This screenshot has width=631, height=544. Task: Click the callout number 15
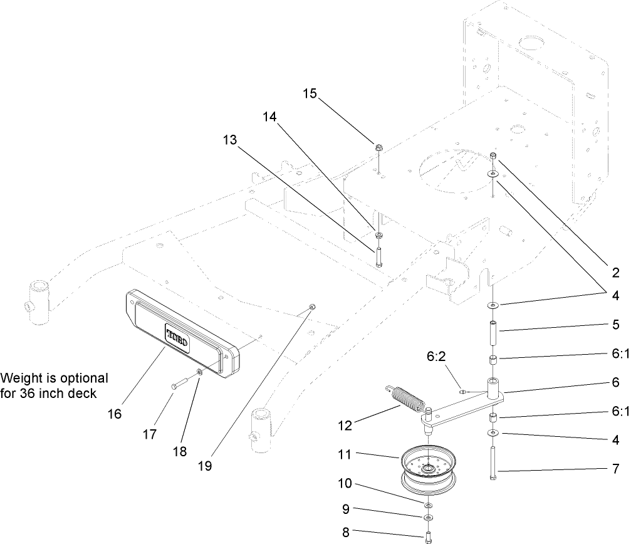[x=310, y=93]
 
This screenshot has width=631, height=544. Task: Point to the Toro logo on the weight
[x=179, y=338]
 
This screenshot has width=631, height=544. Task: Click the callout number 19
[x=220, y=466]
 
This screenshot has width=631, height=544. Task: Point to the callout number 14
[x=269, y=117]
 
